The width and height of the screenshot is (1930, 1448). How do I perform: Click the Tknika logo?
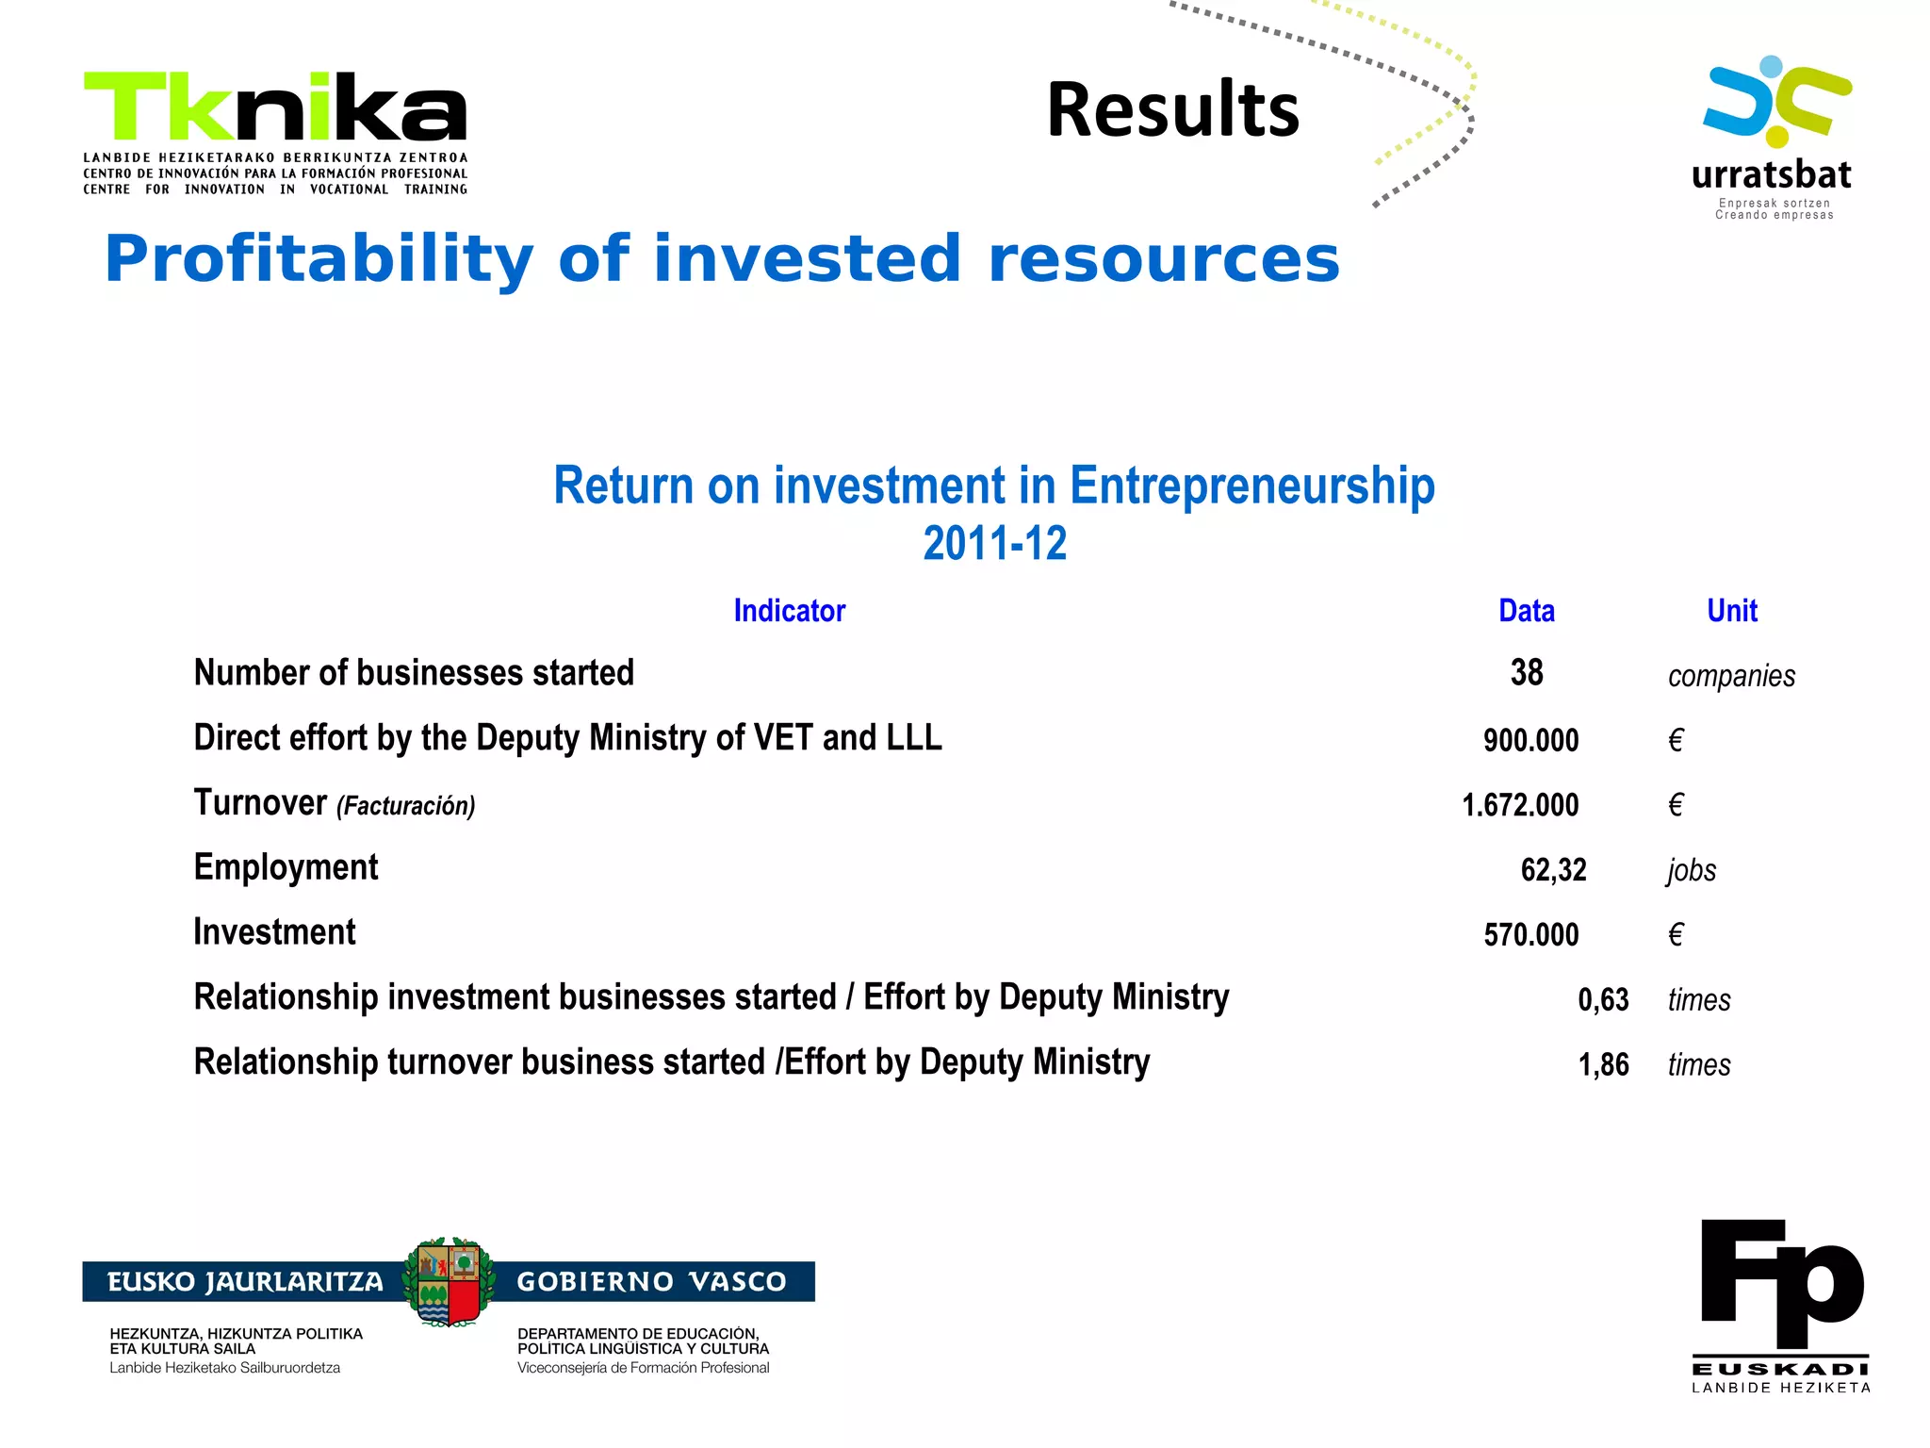click(275, 132)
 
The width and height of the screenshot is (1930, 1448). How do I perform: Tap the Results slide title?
click(1172, 110)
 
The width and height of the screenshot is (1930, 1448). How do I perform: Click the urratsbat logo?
click(1773, 138)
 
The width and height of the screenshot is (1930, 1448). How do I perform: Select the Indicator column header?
click(790, 611)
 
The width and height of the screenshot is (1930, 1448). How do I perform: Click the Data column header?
click(1526, 611)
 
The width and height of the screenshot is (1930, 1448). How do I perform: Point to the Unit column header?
click(1731, 611)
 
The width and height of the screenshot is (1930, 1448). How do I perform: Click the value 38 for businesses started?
click(1526, 673)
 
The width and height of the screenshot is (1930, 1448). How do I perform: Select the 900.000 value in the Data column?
click(1530, 741)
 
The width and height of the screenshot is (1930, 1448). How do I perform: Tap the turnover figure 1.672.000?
click(1520, 805)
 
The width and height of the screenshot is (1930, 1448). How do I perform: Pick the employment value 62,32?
click(1553, 870)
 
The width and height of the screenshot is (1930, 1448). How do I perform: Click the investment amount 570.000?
click(1530, 935)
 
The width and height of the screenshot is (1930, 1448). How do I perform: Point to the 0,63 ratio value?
click(1603, 1000)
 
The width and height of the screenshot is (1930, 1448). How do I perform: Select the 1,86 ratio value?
click(1603, 1065)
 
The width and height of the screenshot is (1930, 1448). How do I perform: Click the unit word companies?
click(1731, 676)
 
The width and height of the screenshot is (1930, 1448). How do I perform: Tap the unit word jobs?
click(1692, 870)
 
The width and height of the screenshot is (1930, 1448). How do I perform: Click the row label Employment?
click(286, 868)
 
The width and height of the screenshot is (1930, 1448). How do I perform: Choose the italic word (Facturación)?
click(406, 806)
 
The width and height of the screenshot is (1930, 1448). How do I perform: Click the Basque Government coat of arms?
click(449, 1282)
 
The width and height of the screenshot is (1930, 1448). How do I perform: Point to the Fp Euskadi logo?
click(1781, 1306)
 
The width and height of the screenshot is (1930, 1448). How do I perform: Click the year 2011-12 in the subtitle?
click(994, 544)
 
